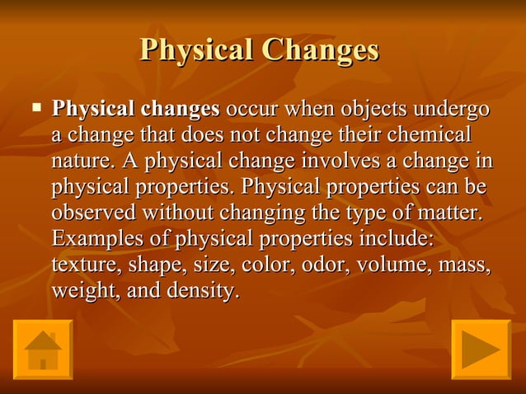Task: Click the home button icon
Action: (x=43, y=349)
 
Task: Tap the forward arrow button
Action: (x=481, y=349)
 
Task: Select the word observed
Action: (x=94, y=213)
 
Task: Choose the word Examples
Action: (x=95, y=238)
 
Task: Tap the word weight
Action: (x=82, y=291)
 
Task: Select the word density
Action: (x=207, y=291)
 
